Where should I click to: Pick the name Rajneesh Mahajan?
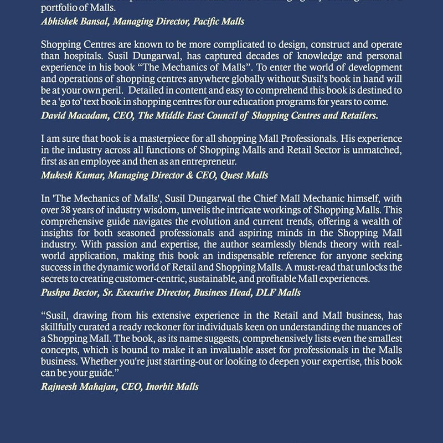84,386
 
